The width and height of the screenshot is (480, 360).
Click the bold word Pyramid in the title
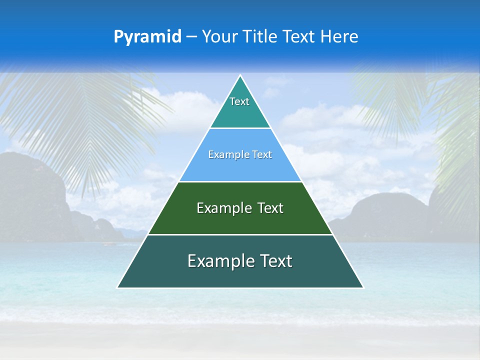[147, 37]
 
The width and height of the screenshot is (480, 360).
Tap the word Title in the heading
[259, 37]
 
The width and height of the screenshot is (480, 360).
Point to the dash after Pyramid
[191, 37]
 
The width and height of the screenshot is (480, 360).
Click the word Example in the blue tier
[226, 155]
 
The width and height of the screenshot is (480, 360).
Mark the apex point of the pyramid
[240, 76]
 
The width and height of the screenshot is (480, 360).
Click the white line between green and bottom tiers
[240, 234]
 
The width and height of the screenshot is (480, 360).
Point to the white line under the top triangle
[240, 128]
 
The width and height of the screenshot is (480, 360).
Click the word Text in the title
[299, 37]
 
